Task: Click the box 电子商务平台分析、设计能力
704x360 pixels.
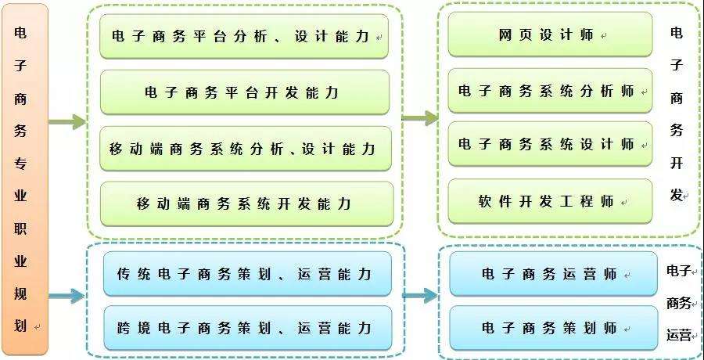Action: pyautogui.click(x=244, y=36)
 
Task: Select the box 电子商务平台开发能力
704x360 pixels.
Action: pyautogui.click(x=244, y=92)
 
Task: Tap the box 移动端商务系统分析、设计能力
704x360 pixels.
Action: pyautogui.click(x=244, y=149)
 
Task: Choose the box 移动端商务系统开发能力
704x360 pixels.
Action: pyautogui.click(x=244, y=204)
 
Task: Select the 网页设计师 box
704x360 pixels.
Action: pyautogui.click(x=549, y=35)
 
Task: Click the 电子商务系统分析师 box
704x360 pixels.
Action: pyautogui.click(x=549, y=91)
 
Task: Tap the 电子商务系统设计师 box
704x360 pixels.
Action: pyautogui.click(x=549, y=144)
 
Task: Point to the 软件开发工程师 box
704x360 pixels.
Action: pyautogui.click(x=549, y=201)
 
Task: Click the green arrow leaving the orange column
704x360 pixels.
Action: pyautogui.click(x=67, y=122)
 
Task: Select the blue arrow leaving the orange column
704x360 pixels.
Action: pyautogui.click(x=67, y=296)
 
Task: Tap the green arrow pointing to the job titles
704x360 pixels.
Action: pyautogui.click(x=421, y=118)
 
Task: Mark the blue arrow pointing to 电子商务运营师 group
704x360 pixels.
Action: pyautogui.click(x=421, y=296)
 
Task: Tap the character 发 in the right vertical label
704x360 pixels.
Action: pyautogui.click(x=676, y=195)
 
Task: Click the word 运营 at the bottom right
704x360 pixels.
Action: pyautogui.click(x=678, y=335)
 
